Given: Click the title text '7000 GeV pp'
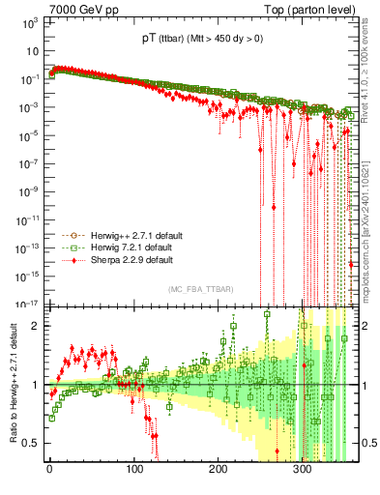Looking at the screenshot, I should tap(79, 9).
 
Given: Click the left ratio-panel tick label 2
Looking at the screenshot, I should tap(35, 326).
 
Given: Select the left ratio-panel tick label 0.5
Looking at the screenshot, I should tap(31, 444).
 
